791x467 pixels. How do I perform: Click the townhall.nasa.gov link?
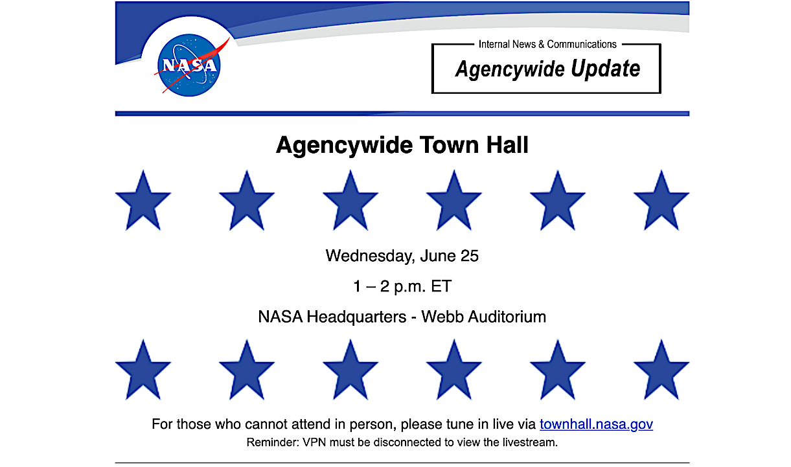[596, 424]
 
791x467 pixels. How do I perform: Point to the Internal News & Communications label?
[547, 44]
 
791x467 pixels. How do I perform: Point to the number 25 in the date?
[469, 256]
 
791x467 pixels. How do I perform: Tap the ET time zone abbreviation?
[441, 286]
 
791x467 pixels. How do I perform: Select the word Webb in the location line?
[441, 317]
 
